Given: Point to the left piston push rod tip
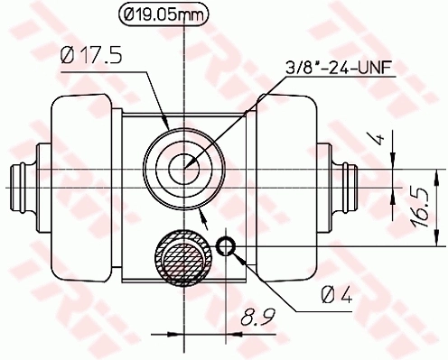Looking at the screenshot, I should (x=18, y=186).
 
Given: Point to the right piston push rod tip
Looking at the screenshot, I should (x=355, y=186).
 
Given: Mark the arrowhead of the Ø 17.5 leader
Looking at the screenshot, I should (x=166, y=126).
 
